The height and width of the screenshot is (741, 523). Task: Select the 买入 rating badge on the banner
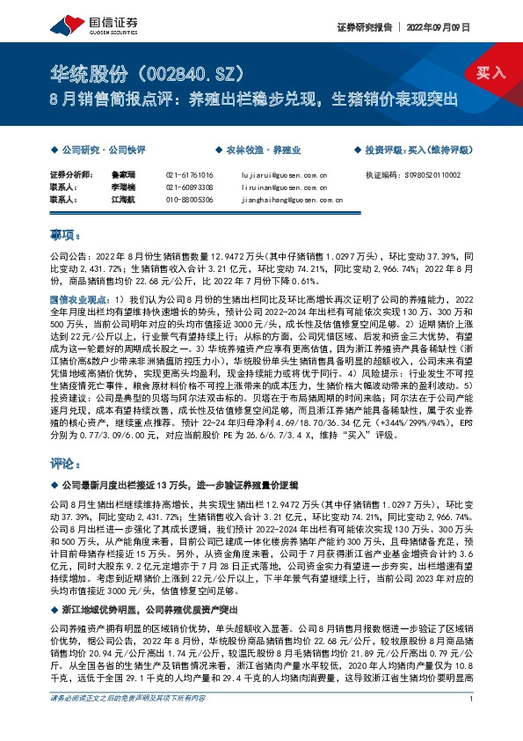[489, 74]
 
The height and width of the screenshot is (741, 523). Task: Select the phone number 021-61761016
[189, 175]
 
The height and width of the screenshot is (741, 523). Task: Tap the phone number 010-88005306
[189, 200]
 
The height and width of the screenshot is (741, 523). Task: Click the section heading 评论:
[65, 460]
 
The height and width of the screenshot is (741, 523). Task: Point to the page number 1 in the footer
[472, 723]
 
